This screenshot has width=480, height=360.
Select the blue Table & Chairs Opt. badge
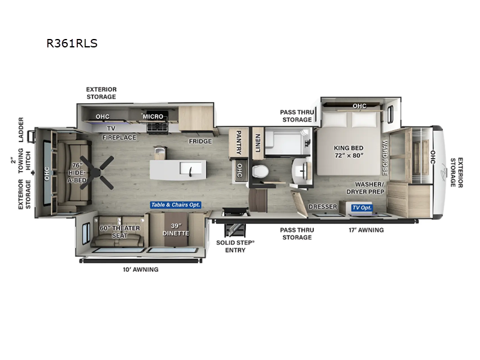coord(176,205)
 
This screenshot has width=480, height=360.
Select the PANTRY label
coord(238,142)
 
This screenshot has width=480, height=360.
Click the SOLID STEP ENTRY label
coord(235,246)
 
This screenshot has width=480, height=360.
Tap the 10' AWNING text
coord(141,269)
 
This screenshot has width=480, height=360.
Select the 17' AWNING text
coord(365,229)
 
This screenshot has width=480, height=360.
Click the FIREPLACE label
coord(119,137)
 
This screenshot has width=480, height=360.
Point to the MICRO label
coord(152,116)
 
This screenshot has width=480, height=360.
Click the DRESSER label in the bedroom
coord(323,207)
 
